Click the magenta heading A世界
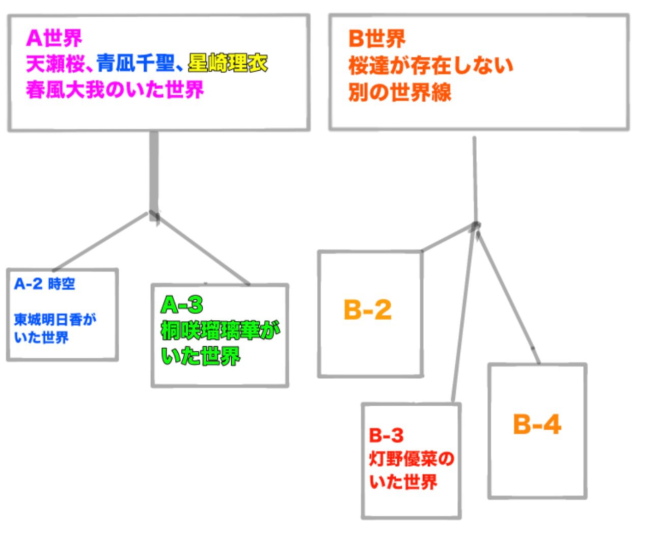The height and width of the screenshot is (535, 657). [54, 38]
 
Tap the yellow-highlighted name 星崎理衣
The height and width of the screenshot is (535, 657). [228, 64]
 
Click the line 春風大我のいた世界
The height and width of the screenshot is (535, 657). [115, 90]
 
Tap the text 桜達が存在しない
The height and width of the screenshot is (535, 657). [430, 66]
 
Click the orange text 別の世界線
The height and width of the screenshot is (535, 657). [400, 93]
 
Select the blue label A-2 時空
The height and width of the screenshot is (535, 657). [45, 284]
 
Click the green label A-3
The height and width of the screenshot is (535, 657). [182, 305]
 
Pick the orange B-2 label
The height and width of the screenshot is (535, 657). [368, 309]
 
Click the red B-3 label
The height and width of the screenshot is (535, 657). [386, 436]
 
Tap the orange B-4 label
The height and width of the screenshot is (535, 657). [537, 424]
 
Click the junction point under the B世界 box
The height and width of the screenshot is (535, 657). [476, 226]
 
